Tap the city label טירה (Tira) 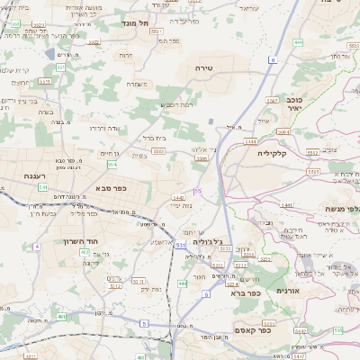pos(202,68)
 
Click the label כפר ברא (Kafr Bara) pos(244,292)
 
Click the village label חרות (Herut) pos(125,56)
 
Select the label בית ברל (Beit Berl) pos(156,138)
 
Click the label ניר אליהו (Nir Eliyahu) pos(206,148)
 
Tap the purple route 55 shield pos(197,192)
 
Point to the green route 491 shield pos(61,316)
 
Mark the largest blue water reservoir pos(211,121)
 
